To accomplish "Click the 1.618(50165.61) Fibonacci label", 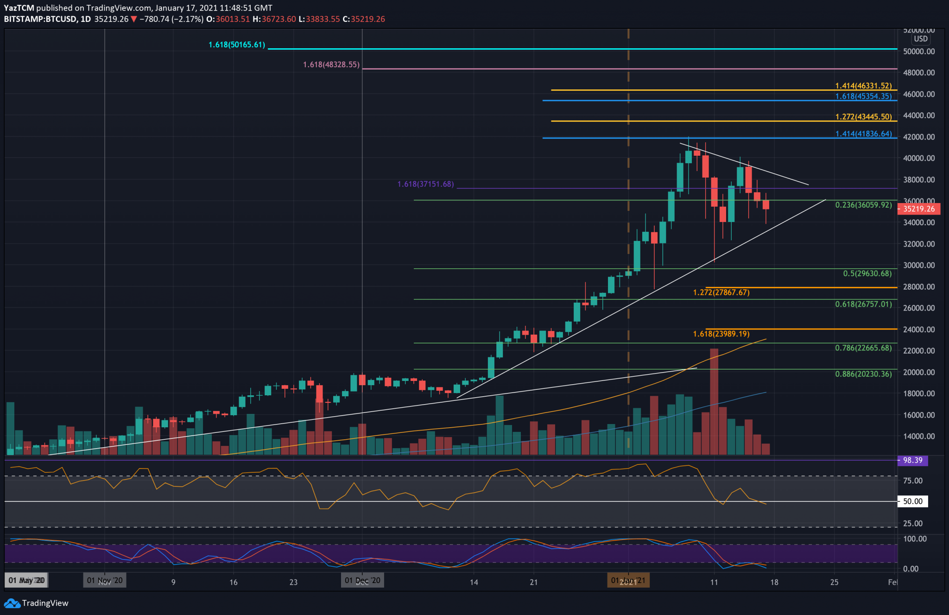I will tap(236, 45).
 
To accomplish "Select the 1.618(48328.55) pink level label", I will tap(331, 65).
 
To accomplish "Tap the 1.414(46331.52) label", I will tap(863, 86).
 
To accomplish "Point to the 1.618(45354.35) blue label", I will tap(863, 96).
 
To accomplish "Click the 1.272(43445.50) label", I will tap(863, 117).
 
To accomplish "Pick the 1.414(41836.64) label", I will tap(863, 134).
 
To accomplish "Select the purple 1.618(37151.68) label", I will tap(425, 184).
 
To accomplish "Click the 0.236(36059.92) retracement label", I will tap(863, 205).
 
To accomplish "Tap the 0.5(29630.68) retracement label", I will tap(867, 273).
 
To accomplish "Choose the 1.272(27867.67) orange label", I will tap(721, 292).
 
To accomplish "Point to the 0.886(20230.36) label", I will tap(863, 374).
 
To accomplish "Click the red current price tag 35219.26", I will tap(919, 209).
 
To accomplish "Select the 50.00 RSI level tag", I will tap(912, 501).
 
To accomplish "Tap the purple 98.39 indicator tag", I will tap(912, 461).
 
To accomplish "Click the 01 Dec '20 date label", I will tap(363, 581).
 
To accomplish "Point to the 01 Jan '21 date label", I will tap(628, 581).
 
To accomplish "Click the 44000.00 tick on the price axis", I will tap(918, 115).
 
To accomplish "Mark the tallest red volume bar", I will tap(714, 401).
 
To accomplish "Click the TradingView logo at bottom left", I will tap(36, 603).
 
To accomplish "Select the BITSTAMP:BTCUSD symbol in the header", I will tap(40, 19).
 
